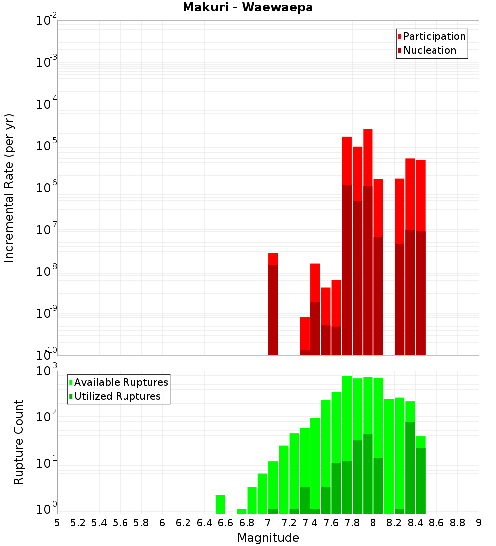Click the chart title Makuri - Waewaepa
coord(248,8)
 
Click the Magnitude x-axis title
coord(268,538)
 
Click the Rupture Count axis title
coord(19,442)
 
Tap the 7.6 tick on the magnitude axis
coord(331,523)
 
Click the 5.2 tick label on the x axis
coord(78,523)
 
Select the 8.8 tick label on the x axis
coord(457,523)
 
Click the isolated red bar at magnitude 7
coord(273,258)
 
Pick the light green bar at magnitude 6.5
coord(220,504)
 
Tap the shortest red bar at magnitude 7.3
coord(305,333)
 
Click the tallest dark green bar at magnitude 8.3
coord(410,467)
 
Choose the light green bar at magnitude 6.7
coord(242,511)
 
